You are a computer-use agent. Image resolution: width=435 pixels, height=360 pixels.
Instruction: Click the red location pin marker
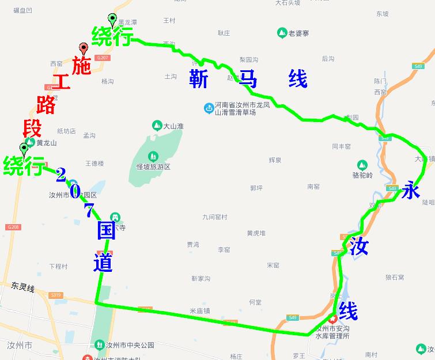83,50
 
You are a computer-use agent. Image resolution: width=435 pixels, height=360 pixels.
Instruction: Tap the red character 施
82,66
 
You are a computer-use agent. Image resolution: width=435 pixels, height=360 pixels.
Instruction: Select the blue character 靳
199,79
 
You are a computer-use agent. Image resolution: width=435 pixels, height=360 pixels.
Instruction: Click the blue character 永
411,191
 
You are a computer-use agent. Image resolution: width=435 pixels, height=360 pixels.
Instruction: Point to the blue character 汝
358,247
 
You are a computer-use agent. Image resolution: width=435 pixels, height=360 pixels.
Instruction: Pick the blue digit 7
89,211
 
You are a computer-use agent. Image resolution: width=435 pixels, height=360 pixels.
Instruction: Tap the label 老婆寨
298,33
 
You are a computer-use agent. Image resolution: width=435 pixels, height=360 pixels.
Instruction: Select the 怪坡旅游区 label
153,167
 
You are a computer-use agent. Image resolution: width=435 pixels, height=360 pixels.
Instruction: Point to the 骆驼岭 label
362,175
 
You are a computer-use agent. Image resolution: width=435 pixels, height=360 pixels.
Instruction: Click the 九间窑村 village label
215,217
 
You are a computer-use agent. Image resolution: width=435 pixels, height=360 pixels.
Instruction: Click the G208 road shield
14,227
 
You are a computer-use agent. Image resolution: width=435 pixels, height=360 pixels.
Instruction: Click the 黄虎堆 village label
256,233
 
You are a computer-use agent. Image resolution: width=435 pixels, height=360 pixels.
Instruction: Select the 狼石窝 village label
395,278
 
